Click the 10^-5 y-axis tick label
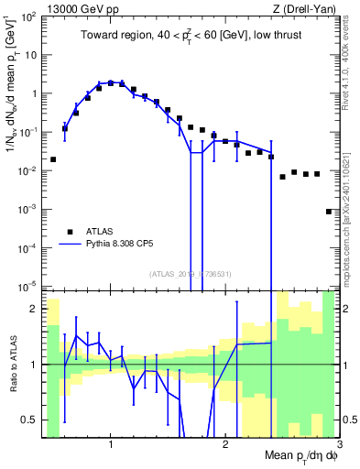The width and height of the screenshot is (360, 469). (x=29, y=287)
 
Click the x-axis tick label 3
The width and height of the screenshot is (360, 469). (x=338, y=444)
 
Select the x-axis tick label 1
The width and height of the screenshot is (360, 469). (x=111, y=444)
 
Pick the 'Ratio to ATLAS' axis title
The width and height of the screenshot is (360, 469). (x=12, y=365)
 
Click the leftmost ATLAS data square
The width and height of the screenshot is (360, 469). (x=53, y=159)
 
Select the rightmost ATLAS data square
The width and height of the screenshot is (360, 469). (x=329, y=212)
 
